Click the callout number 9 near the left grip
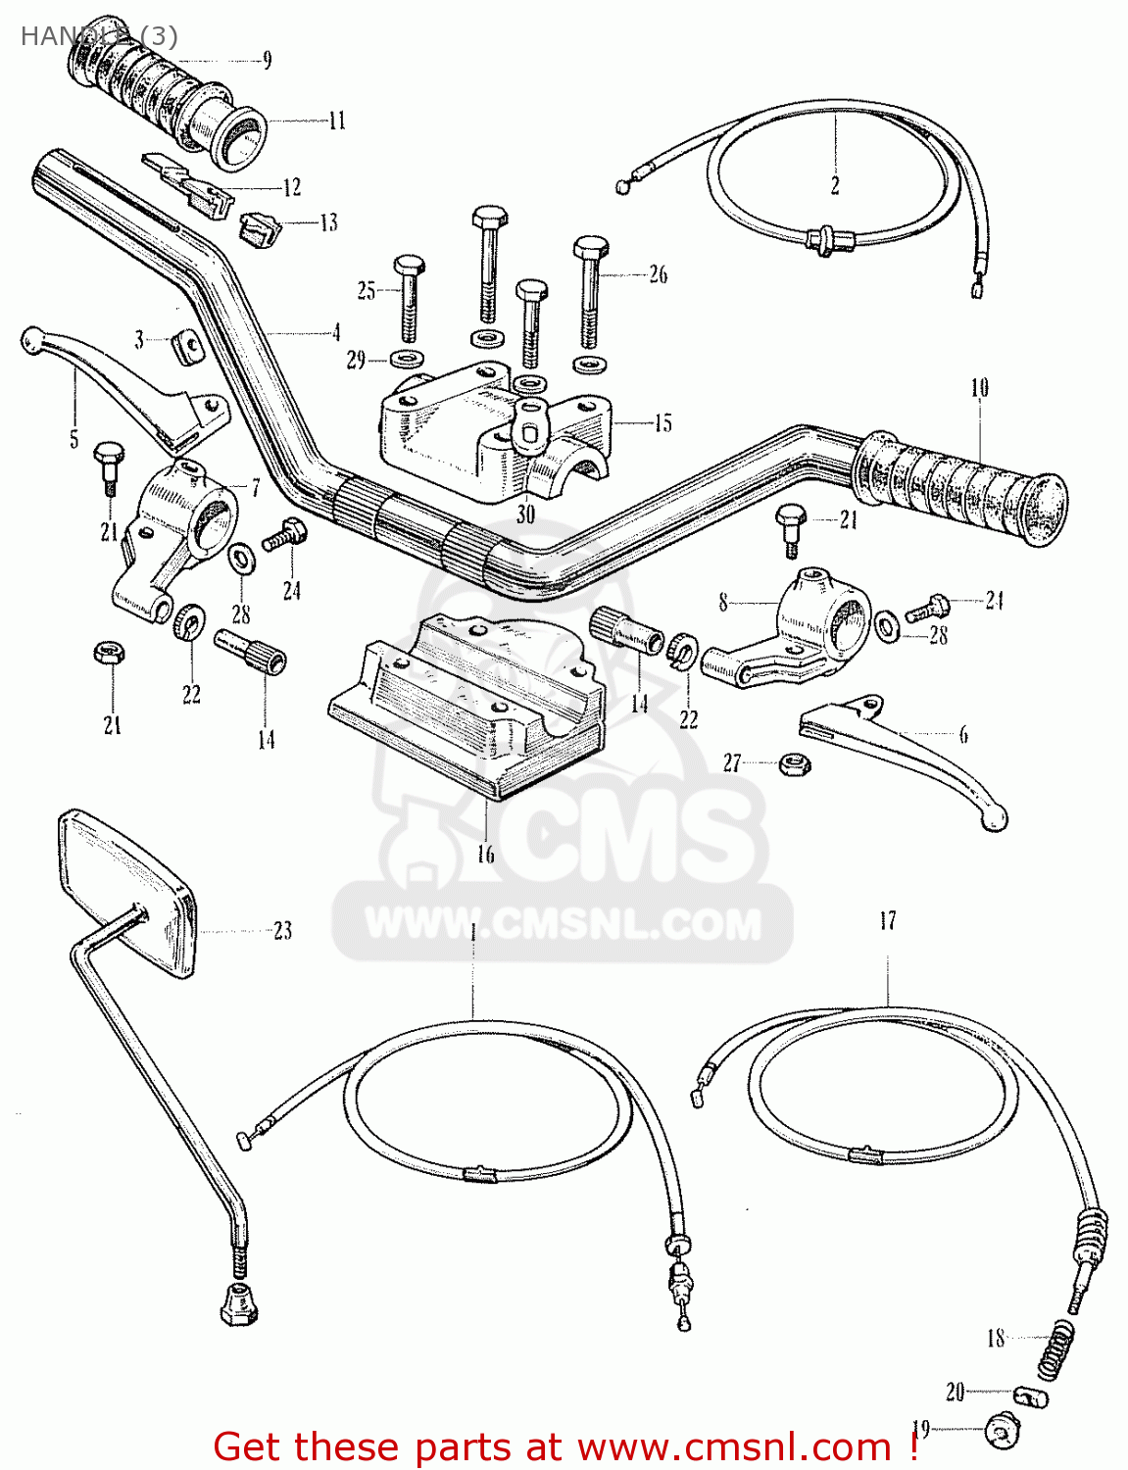click(267, 61)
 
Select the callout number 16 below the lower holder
click(486, 855)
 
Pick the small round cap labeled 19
click(1001, 1434)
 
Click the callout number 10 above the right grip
click(979, 388)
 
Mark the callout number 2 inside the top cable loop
click(835, 186)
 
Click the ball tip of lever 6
click(994, 818)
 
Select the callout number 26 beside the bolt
click(658, 274)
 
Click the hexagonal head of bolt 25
click(409, 265)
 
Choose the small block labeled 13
click(261, 228)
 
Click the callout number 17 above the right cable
click(887, 921)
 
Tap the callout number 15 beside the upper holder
click(662, 423)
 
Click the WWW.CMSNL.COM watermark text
click(563, 924)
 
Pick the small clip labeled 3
click(186, 344)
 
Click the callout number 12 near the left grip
click(291, 187)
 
